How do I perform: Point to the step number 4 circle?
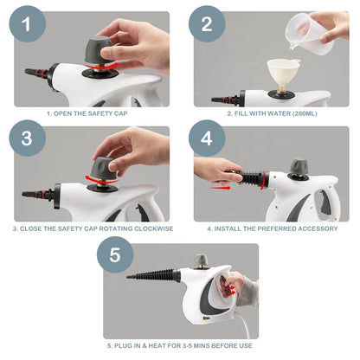click(x=210, y=139)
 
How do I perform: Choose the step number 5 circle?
click(x=121, y=256)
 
